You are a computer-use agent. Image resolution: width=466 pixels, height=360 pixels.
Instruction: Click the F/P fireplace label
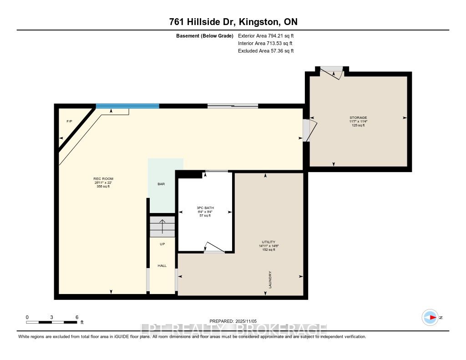69,122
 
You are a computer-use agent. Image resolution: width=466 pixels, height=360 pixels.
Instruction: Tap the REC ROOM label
103,178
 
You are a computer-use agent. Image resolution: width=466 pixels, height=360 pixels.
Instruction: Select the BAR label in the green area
161,184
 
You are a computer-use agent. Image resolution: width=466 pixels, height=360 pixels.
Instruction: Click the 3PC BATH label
206,208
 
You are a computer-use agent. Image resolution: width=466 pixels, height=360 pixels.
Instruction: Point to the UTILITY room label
268,242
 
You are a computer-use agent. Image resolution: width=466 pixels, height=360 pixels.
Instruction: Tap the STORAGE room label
358,117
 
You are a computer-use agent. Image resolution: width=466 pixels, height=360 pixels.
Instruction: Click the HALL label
162,265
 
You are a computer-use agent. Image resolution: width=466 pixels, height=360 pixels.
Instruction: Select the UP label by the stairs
162,244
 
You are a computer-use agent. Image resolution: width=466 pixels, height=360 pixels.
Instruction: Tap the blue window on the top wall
127,106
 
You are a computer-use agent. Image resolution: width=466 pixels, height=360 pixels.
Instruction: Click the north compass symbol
430,317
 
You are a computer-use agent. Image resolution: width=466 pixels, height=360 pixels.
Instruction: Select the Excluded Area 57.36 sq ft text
266,51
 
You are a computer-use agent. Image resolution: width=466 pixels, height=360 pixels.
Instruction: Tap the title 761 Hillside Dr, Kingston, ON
233,22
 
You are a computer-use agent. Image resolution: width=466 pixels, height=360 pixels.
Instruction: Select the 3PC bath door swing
214,247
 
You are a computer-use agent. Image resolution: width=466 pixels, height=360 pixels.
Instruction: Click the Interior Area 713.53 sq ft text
266,43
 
